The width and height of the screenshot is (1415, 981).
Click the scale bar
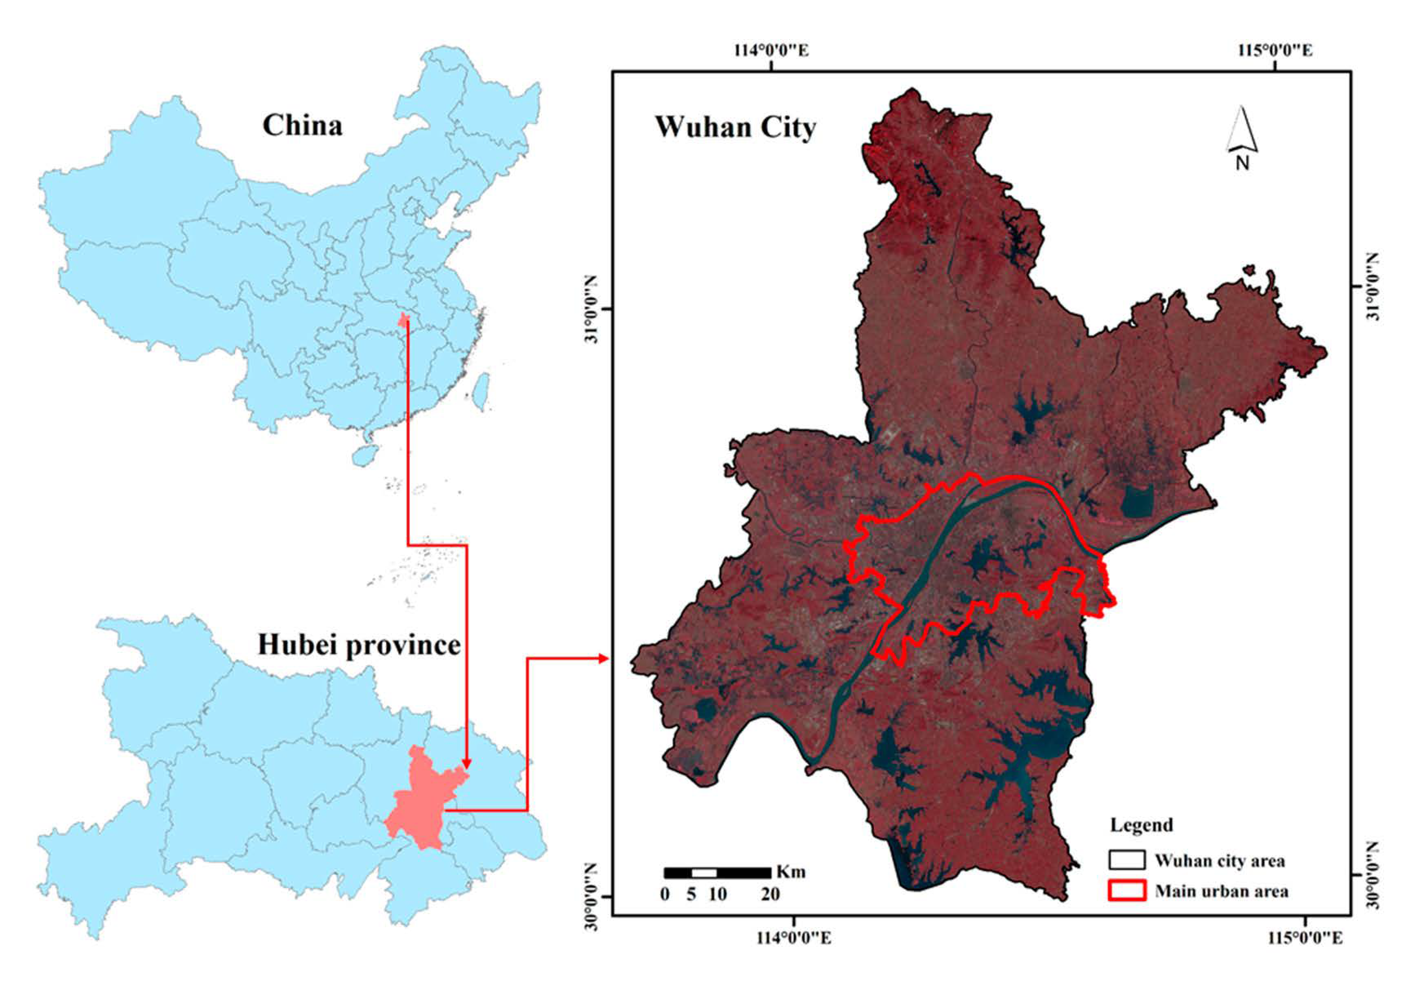pyautogui.click(x=717, y=873)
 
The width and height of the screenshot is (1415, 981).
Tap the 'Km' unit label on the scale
pyautogui.click(x=791, y=872)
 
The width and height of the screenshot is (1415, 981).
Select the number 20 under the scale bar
pyautogui.click(x=770, y=894)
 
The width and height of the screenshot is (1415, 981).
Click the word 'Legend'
pyautogui.click(x=1141, y=825)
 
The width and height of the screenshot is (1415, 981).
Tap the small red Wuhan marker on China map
pyautogui.click(x=404, y=319)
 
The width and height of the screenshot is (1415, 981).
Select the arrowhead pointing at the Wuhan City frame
pyautogui.click(x=603, y=659)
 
